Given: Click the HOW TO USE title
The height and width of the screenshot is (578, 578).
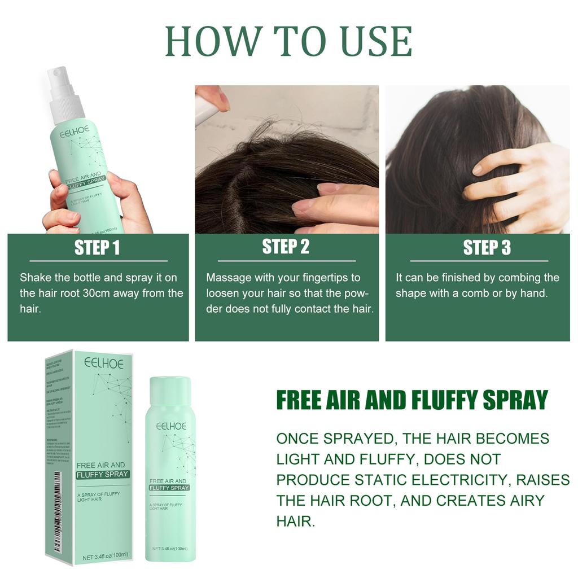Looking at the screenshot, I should point(288,41).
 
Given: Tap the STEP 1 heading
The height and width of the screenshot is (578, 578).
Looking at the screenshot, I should point(98,248).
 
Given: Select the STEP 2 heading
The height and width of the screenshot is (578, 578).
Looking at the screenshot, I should point(286,247).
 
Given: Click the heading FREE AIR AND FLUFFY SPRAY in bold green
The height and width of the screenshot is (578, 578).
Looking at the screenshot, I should point(412,400).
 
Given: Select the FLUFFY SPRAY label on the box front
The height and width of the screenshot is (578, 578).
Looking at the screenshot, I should point(103,474).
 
